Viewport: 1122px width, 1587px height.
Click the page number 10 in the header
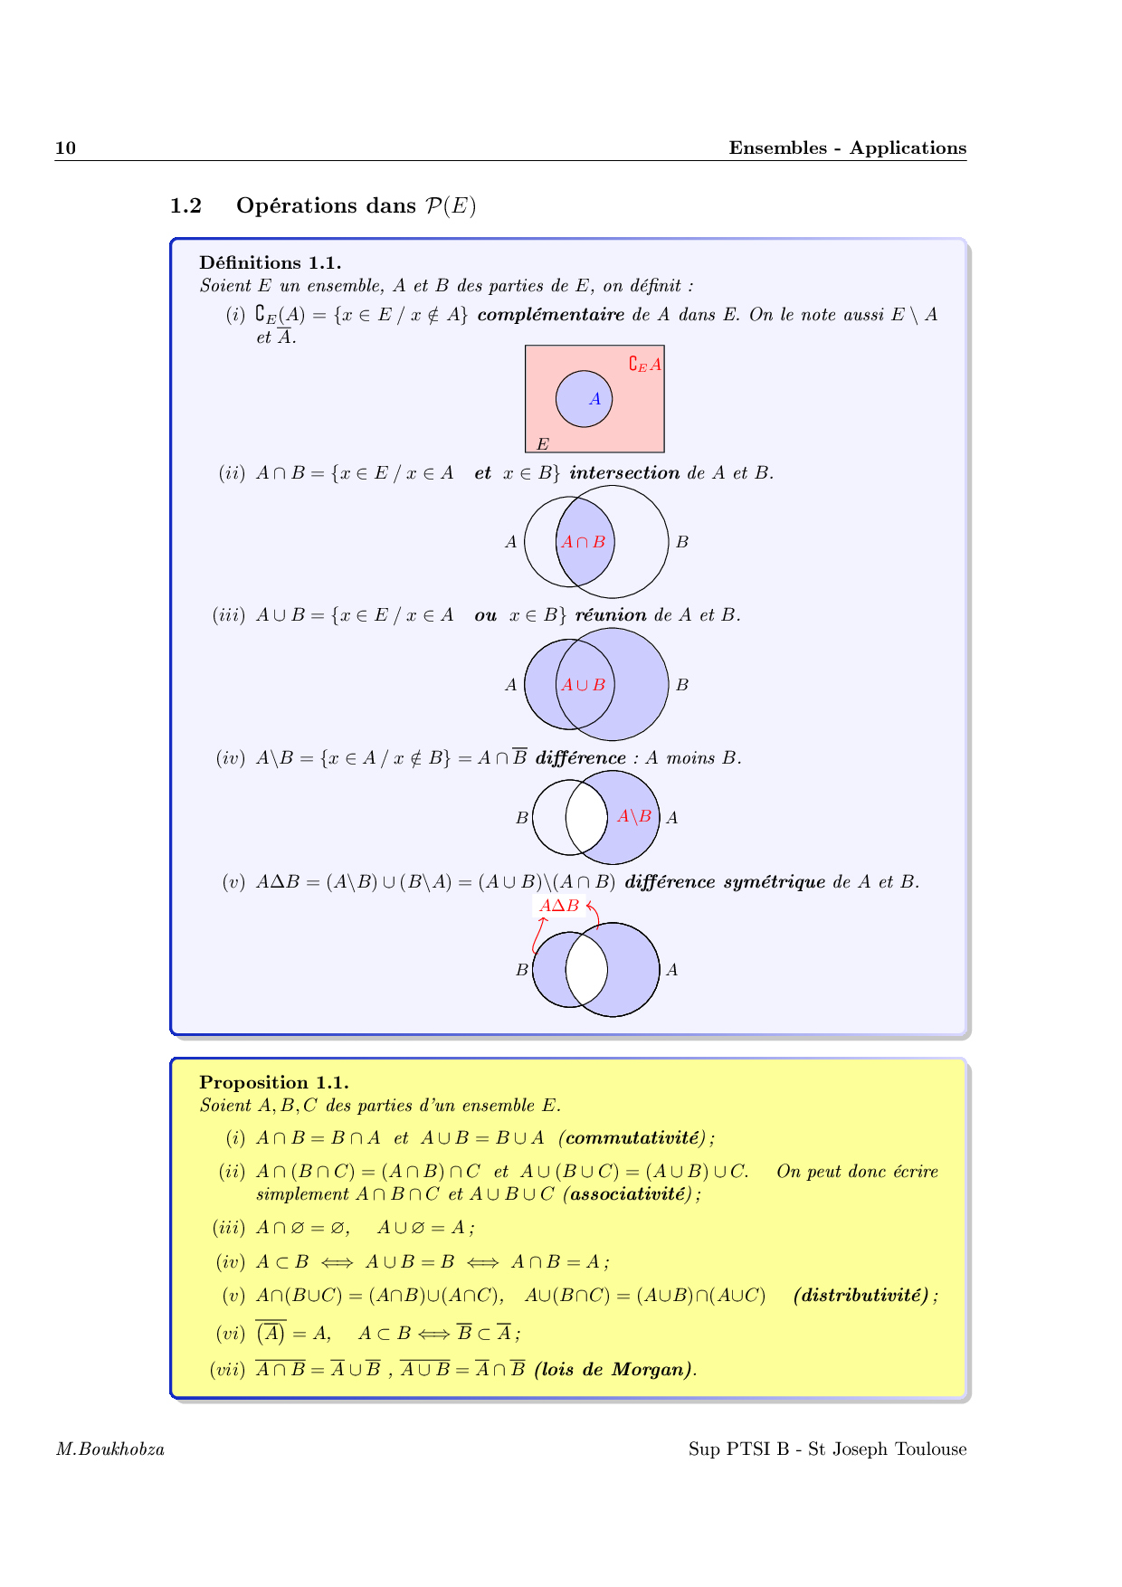pyautogui.click(x=65, y=148)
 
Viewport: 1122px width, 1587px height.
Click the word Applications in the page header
pyautogui.click(x=908, y=148)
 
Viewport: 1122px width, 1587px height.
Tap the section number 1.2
pyautogui.click(x=185, y=206)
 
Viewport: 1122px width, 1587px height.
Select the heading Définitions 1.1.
pyautogui.click(x=270, y=263)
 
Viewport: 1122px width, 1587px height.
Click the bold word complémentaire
pyautogui.click(x=550, y=315)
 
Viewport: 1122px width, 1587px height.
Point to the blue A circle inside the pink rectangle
pyautogui.click(x=584, y=399)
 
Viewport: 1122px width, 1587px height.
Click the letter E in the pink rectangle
pyautogui.click(x=542, y=444)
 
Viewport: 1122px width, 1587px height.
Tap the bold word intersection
pyautogui.click(x=624, y=473)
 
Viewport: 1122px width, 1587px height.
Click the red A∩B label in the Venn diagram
pyautogui.click(x=583, y=543)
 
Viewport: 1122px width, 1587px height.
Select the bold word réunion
pyautogui.click(x=611, y=615)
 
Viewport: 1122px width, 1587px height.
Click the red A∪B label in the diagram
pyautogui.click(x=583, y=685)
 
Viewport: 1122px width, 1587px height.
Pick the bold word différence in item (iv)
pyautogui.click(x=580, y=758)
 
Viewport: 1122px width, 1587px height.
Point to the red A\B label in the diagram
pyautogui.click(x=634, y=817)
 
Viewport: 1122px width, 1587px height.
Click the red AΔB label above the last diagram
pyautogui.click(x=559, y=906)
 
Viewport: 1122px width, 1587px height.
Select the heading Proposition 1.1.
pyautogui.click(x=273, y=1083)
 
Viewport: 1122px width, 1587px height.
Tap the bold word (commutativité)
pyautogui.click(x=636, y=1138)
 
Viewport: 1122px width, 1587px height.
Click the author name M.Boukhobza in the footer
pyautogui.click(x=110, y=1449)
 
